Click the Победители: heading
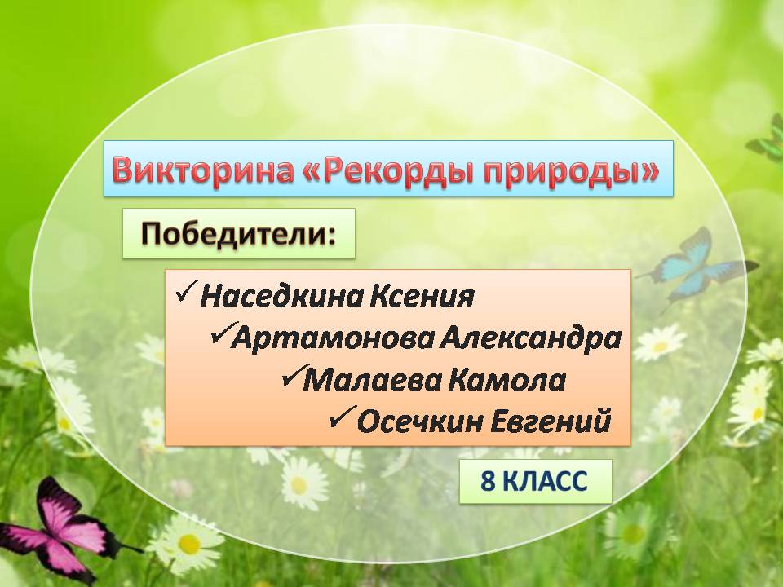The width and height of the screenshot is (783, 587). click(238, 234)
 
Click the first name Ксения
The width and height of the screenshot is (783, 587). click(422, 297)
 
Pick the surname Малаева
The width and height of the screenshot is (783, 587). click(372, 381)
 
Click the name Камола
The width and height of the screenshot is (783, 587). click(507, 381)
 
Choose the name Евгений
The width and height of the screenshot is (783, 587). click(551, 421)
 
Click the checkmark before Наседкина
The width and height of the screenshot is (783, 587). click(186, 293)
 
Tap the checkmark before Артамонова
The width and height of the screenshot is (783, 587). click(221, 333)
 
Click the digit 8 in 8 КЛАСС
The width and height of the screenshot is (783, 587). click(488, 482)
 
